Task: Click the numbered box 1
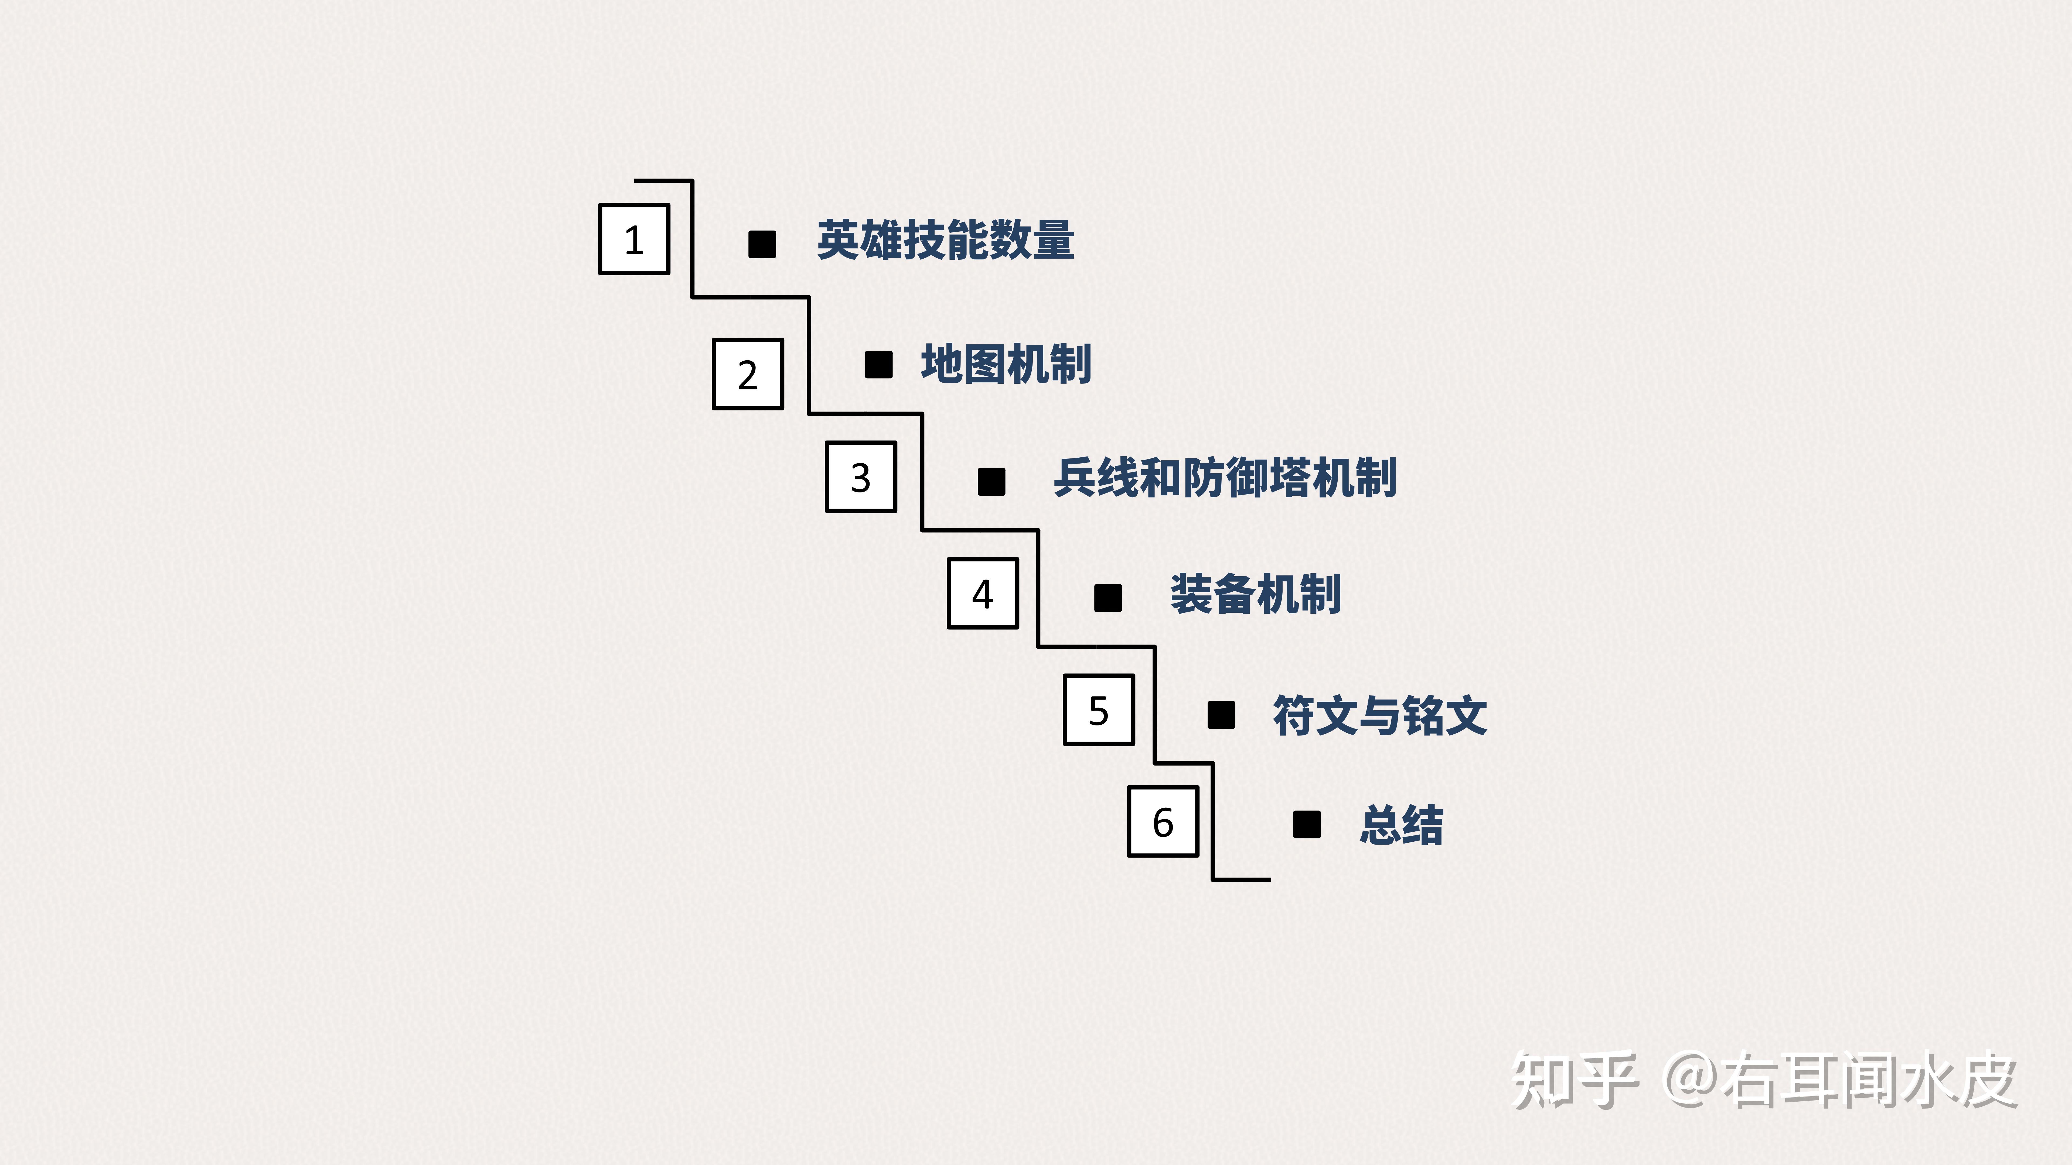pos(634,239)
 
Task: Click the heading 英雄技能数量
pos(945,240)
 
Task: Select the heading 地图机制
pos(1006,364)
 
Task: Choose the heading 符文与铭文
pos(1379,715)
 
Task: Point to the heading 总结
pos(1401,825)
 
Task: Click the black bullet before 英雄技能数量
pos(762,244)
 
